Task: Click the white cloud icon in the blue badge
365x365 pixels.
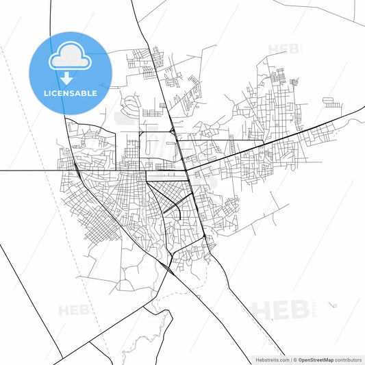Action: click(69, 58)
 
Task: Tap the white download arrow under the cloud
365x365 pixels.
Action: click(69, 77)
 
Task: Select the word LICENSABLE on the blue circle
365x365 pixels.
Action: click(69, 92)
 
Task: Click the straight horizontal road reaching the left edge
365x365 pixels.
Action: click(27, 171)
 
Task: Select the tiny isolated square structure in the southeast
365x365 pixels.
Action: click(332, 303)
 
